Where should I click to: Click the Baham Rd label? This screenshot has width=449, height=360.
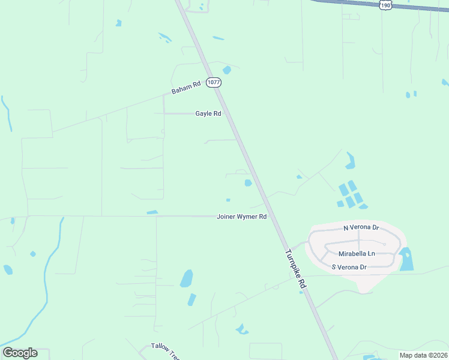[185, 88]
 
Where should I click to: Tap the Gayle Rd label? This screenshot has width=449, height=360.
[208, 113]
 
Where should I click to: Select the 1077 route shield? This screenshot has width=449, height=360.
[214, 82]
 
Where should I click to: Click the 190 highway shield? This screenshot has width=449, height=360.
[385, 5]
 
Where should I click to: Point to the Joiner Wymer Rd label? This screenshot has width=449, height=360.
[241, 216]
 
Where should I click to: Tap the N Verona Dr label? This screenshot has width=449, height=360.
[361, 227]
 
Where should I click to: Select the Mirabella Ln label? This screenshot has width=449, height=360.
[357, 254]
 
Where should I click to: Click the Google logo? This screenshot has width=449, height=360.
[20, 353]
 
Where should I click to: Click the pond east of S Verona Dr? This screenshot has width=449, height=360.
[406, 259]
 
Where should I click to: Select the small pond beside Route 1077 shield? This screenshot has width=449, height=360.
[227, 70]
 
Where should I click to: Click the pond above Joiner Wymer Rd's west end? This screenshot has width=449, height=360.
[152, 212]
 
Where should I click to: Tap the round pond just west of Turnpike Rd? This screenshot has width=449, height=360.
[248, 183]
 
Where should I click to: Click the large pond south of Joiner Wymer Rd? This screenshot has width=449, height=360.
[187, 278]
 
